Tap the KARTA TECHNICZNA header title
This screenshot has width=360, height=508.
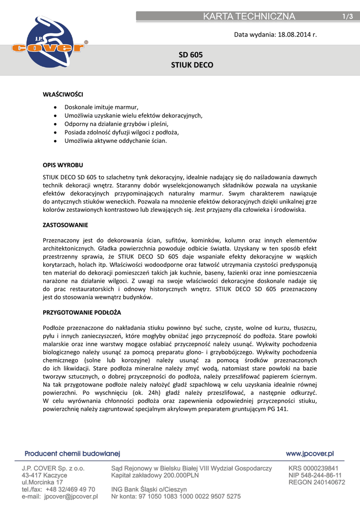249,16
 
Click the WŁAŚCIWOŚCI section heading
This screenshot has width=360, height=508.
63,93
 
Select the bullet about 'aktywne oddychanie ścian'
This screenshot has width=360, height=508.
116,141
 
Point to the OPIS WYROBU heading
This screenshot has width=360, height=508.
63,164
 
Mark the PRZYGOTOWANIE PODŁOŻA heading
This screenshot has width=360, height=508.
82,314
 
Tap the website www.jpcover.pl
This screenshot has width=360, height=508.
310,453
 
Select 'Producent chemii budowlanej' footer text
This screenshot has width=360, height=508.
72,453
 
